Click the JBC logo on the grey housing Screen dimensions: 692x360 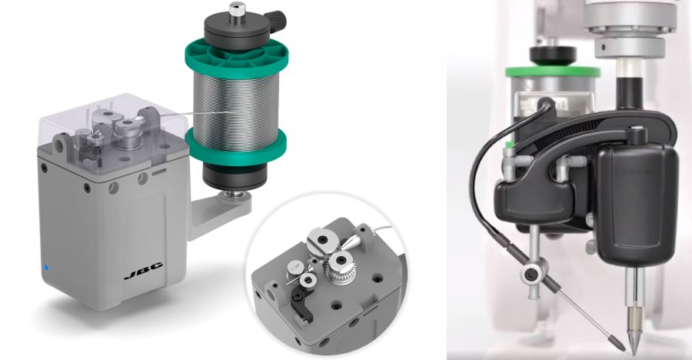143,270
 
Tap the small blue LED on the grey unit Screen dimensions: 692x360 45,267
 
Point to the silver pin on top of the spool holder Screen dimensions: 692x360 238,8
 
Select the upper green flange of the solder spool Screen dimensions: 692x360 236,58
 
